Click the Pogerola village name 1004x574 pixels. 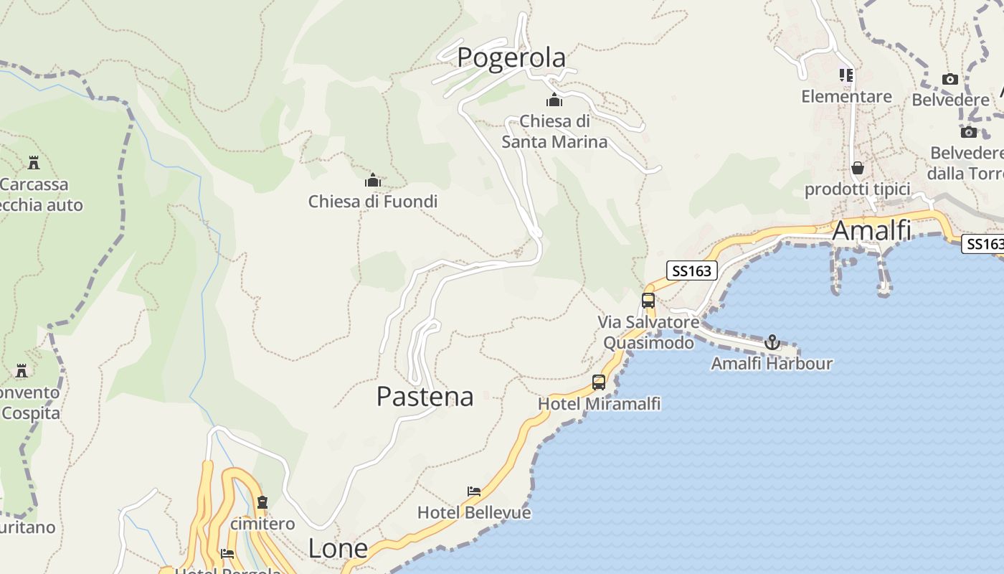[511, 57]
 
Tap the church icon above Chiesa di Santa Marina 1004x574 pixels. [554, 100]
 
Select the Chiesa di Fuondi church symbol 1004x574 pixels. [373, 179]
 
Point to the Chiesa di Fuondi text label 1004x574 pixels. [373, 202]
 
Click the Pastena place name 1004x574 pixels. [425, 396]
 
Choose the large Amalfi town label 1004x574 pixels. [871, 231]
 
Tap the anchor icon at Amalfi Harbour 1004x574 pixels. [772, 342]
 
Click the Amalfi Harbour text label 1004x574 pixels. [772, 364]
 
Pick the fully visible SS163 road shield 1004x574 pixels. [692, 270]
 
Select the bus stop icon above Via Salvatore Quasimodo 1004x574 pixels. [648, 300]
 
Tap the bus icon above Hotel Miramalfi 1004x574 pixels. [599, 382]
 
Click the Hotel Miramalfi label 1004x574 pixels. [599, 404]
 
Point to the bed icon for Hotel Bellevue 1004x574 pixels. [474, 491]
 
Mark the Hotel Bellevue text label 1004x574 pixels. [474, 513]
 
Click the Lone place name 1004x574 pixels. [338, 549]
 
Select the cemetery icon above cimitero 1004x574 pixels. [262, 502]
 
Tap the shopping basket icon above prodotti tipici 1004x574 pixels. [857, 168]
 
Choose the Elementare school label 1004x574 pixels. [846, 96]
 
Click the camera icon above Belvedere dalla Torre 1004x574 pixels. [969, 132]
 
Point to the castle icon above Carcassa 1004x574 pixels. [33, 163]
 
